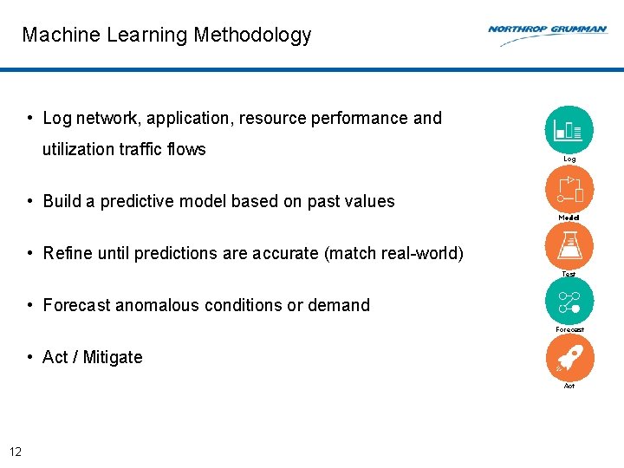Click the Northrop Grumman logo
coord(547,33)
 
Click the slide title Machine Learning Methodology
coord(166,36)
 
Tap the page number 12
coord(15,451)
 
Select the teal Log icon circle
coord(569,130)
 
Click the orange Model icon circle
coord(569,188)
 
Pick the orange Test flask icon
coord(569,245)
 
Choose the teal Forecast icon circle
coord(569,301)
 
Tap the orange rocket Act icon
coord(569,357)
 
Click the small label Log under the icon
coord(569,159)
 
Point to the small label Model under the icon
coord(569,218)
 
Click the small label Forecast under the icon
coord(569,329)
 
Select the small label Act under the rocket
coord(569,386)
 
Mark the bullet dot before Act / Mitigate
coord(30,357)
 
